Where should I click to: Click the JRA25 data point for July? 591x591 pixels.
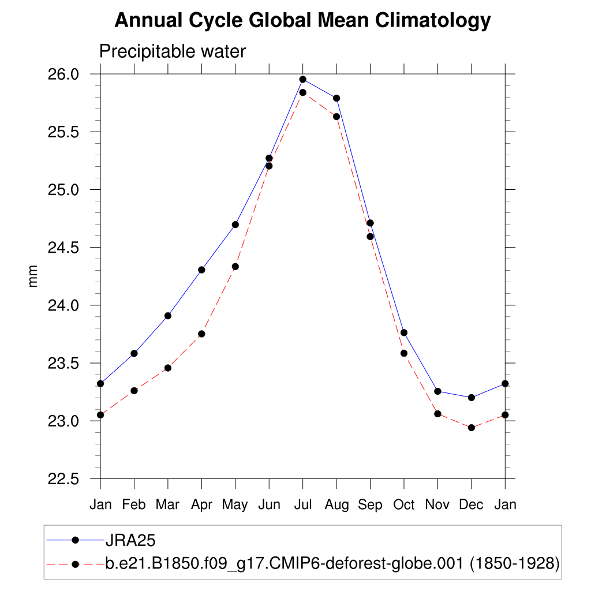[x=302, y=79]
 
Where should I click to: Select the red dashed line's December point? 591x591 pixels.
[x=472, y=428]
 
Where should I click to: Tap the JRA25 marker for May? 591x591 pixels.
[x=235, y=225]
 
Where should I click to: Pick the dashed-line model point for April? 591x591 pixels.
[x=201, y=334]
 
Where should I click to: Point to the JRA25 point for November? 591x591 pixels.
[x=437, y=391]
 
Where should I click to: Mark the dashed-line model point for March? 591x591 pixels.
[x=168, y=368]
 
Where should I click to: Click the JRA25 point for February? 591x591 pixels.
[x=134, y=353]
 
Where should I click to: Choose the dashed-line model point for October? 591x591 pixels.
[x=404, y=353]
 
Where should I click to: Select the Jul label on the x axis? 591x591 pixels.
[x=302, y=504]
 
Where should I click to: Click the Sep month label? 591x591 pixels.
[x=370, y=504]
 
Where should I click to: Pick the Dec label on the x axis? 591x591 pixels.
[x=471, y=504]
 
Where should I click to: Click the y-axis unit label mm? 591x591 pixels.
[x=33, y=276]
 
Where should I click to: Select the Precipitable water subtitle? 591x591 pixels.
[x=173, y=51]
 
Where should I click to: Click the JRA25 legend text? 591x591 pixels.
[x=130, y=540]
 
